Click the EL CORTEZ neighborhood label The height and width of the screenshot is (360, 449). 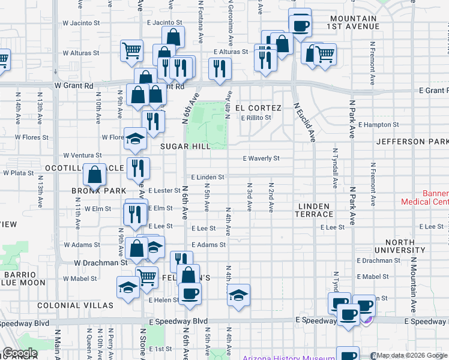tap(258, 108)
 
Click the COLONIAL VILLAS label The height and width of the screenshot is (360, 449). tap(75, 305)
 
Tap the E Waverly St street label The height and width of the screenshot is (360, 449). tap(261, 158)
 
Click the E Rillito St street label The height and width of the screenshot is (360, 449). tap(256, 118)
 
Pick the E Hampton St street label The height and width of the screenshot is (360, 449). tap(378, 125)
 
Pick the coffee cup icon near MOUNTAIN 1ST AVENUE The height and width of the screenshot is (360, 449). tap(300, 25)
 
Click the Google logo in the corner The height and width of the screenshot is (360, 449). tap(20, 353)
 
